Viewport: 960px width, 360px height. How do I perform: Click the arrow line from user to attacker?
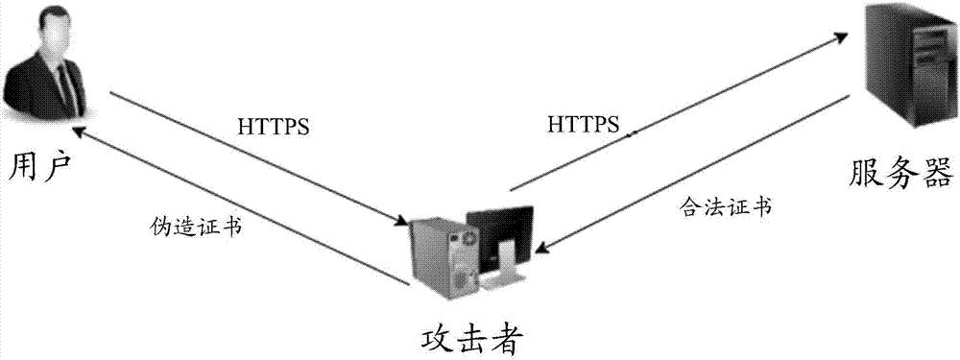click(259, 160)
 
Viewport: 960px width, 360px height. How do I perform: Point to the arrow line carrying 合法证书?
click(691, 174)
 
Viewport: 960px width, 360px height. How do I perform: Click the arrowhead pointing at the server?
click(842, 37)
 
